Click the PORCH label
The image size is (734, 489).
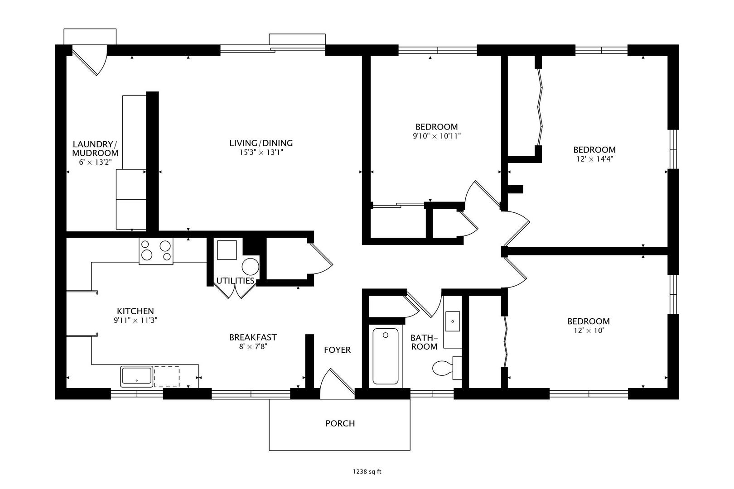point(340,423)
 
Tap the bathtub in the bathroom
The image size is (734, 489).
point(385,356)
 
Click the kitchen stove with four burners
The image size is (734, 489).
point(156,251)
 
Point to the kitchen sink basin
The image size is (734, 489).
point(137,376)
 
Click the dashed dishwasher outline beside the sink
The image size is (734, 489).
point(167,377)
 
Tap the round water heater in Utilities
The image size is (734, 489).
point(251,267)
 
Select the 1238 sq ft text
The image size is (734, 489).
point(367,472)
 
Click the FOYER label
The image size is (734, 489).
point(337,350)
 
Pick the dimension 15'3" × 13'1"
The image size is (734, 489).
point(261,152)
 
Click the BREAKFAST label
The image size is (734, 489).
point(253,337)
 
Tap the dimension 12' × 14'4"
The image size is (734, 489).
point(595,159)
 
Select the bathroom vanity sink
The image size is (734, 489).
point(453,321)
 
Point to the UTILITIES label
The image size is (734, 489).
point(235,281)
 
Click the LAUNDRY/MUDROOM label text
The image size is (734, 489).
point(95,149)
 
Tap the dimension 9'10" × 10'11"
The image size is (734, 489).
point(437,136)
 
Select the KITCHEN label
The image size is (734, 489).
point(135,311)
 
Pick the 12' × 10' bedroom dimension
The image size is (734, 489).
point(589,331)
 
